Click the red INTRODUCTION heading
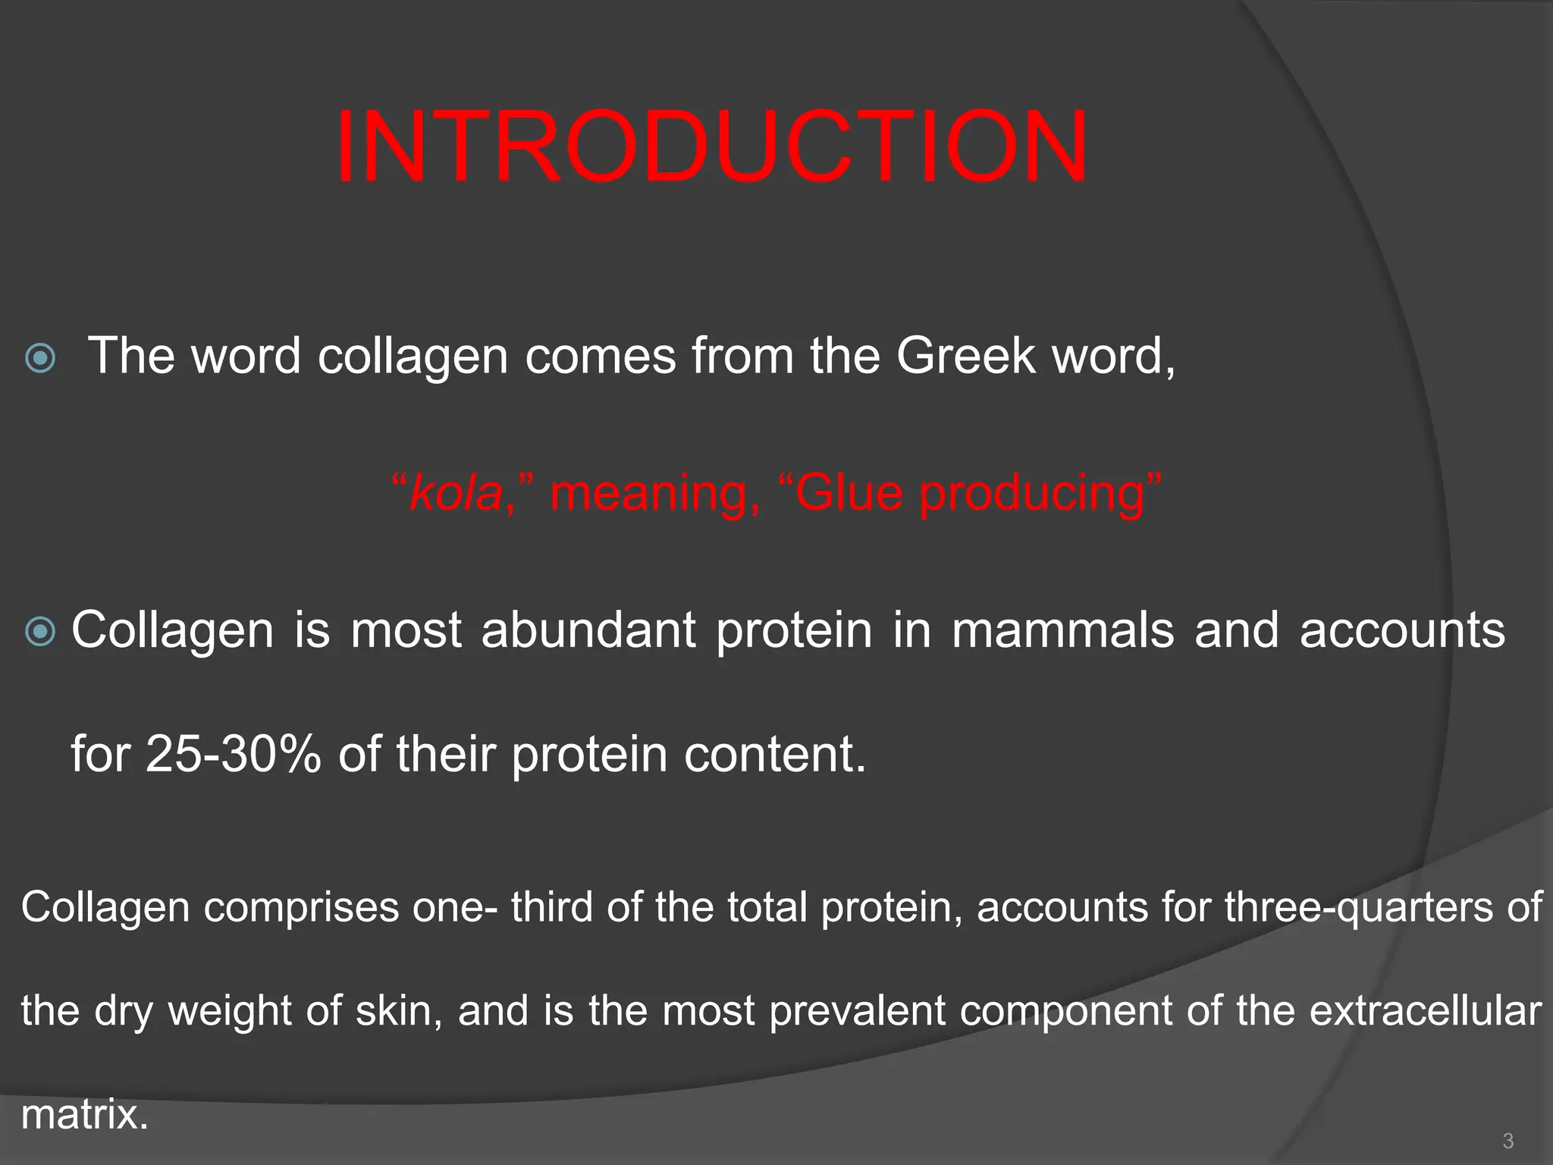(711, 147)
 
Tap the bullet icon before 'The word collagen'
(40, 357)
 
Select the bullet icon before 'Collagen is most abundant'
(40, 631)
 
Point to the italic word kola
(456, 492)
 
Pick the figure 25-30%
(234, 754)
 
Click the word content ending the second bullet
(766, 754)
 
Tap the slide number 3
(1508, 1141)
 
